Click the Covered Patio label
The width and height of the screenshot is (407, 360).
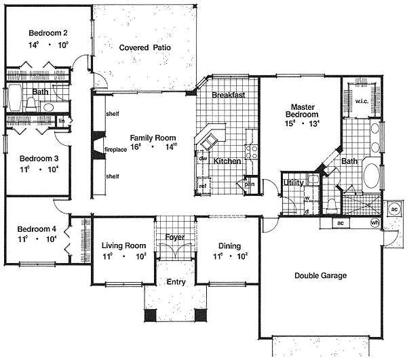(144, 47)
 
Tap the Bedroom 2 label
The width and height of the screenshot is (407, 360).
(47, 33)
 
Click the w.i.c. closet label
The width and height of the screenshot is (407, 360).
(361, 102)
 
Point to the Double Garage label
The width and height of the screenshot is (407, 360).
(320, 275)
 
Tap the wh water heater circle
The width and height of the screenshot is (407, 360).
(374, 223)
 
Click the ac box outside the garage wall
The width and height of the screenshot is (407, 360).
(394, 209)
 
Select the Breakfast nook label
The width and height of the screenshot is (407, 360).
(228, 96)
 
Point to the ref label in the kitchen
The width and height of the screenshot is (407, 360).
(202, 186)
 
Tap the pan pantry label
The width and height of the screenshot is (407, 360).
(249, 184)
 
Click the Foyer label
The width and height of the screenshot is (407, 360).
(174, 237)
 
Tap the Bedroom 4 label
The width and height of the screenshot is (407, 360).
(37, 228)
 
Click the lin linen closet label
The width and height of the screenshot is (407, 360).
(61, 121)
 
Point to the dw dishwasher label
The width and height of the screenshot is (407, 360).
(203, 158)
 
